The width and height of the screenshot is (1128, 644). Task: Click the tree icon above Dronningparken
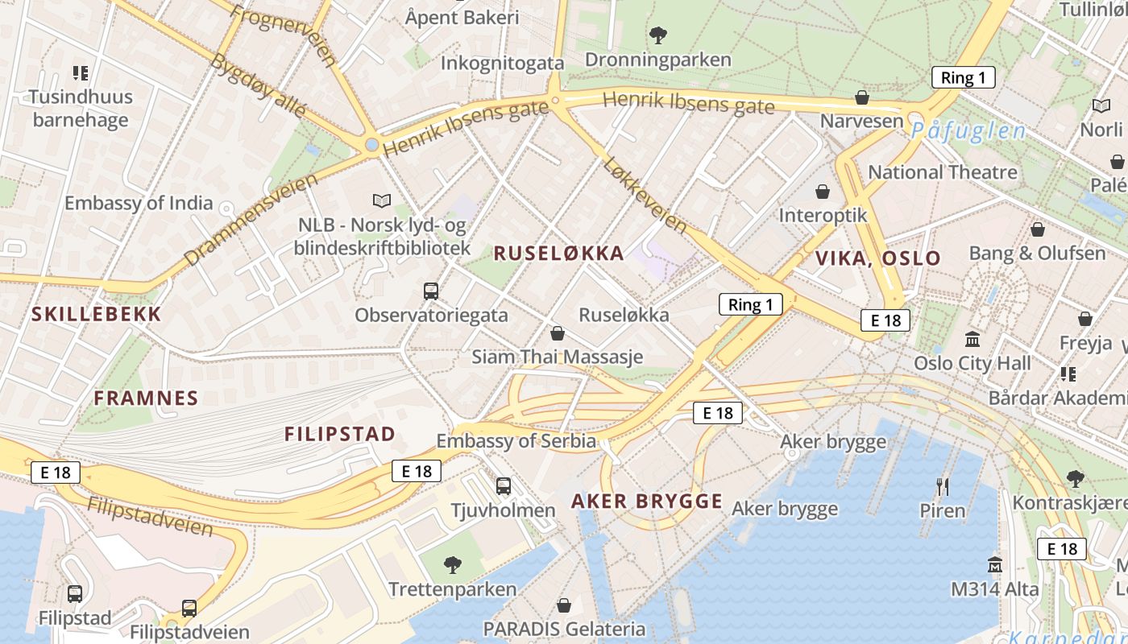coord(658,35)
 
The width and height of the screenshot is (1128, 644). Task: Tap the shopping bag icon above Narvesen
coord(862,97)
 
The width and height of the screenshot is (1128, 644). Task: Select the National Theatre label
coord(942,172)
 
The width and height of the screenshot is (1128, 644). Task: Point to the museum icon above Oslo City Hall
coord(972,339)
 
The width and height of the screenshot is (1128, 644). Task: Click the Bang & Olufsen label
coord(1037,253)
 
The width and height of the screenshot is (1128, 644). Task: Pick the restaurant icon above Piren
coord(942,486)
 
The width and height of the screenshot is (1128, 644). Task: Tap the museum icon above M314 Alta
coord(995,564)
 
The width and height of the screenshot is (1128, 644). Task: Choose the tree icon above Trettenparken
coord(453,565)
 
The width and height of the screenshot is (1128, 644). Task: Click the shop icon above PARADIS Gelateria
coord(564,605)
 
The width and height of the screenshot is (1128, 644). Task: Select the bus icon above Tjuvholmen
coord(504,485)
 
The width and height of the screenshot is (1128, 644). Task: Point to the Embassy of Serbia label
coord(516,441)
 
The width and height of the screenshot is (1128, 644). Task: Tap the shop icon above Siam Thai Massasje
coord(557,332)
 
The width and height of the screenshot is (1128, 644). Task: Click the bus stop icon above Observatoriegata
coord(431,291)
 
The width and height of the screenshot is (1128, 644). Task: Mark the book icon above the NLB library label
coord(382,200)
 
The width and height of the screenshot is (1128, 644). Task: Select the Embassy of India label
coord(139,203)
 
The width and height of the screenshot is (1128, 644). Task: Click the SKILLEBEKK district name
coord(97,314)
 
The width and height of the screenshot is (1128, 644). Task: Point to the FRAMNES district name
coord(146,398)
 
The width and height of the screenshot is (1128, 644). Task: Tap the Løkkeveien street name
coord(645,196)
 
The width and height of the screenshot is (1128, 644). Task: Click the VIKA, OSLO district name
coord(877,258)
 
